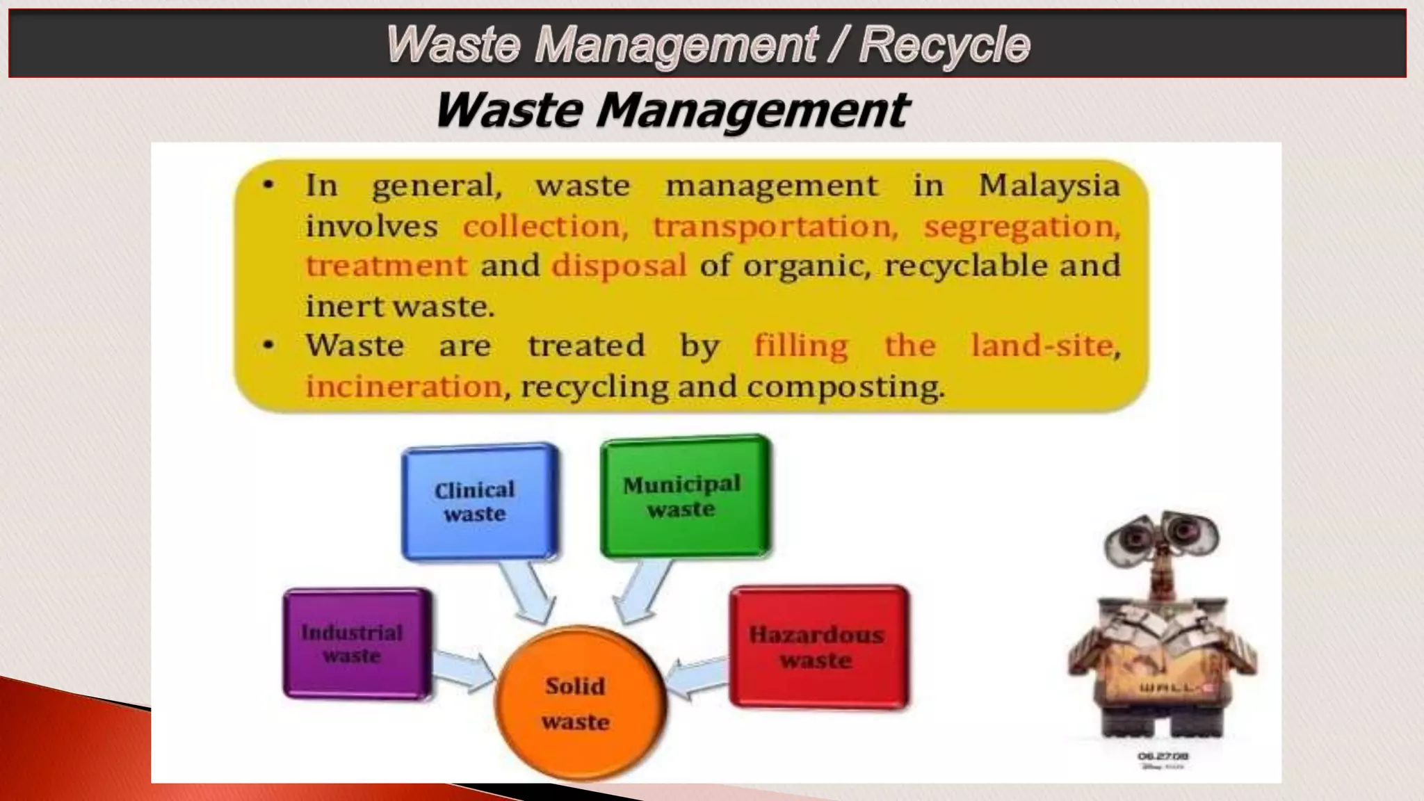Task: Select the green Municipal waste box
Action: (x=685, y=496)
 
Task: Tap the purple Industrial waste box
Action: (x=356, y=644)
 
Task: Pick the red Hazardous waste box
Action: (x=818, y=647)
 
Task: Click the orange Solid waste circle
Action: (x=577, y=703)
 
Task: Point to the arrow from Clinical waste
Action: (x=528, y=590)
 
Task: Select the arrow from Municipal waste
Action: (x=641, y=591)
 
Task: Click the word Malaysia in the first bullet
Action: (x=1049, y=185)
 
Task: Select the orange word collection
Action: (x=545, y=227)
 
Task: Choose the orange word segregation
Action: (x=1021, y=227)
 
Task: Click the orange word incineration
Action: (x=404, y=387)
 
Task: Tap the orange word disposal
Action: (x=619, y=266)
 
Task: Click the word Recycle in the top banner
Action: (x=944, y=44)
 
